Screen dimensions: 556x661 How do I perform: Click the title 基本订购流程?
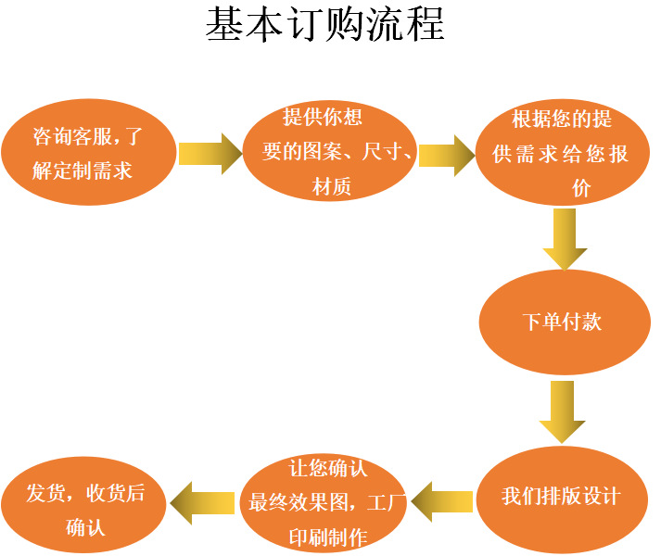tap(325, 25)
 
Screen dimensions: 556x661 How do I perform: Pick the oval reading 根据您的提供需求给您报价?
tap(562, 152)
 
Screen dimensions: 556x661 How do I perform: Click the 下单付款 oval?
tap(564, 322)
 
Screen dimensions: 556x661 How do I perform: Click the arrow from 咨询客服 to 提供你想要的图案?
tap(210, 154)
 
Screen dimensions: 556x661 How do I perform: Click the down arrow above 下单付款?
tap(564, 238)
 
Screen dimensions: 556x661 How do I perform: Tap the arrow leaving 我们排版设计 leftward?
tap(441, 501)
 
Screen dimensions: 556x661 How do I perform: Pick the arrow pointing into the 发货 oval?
tap(202, 503)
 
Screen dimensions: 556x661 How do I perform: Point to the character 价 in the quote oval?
tap(581, 189)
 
